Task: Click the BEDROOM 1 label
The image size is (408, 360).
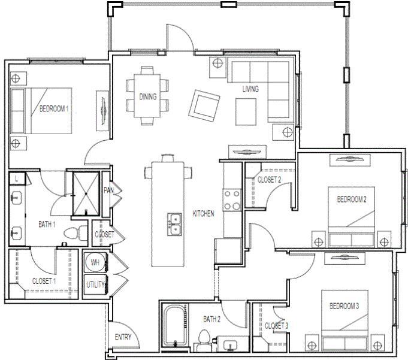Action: pos(54,109)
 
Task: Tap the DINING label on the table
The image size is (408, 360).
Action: pos(148,96)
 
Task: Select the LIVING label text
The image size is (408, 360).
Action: pos(250,89)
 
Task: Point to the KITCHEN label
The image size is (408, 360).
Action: pos(203,214)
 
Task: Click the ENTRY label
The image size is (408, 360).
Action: pos(123,337)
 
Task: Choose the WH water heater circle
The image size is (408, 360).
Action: pos(95,262)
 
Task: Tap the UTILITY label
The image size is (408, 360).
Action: pos(96,285)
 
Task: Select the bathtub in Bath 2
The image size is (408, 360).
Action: pos(174,326)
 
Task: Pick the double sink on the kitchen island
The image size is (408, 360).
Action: pos(175,224)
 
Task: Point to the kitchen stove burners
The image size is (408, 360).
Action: pos(232,199)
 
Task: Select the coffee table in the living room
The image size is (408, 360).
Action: pos(246,111)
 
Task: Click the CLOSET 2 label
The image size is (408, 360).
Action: pos(269,179)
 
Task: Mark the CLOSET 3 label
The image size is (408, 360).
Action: pos(276,325)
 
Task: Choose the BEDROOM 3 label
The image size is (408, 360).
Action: pos(344,306)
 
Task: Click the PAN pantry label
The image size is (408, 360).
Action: pos(108,190)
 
